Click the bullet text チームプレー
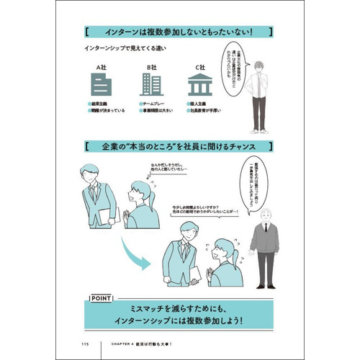click(156, 104)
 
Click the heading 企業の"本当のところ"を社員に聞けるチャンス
click(179, 148)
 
